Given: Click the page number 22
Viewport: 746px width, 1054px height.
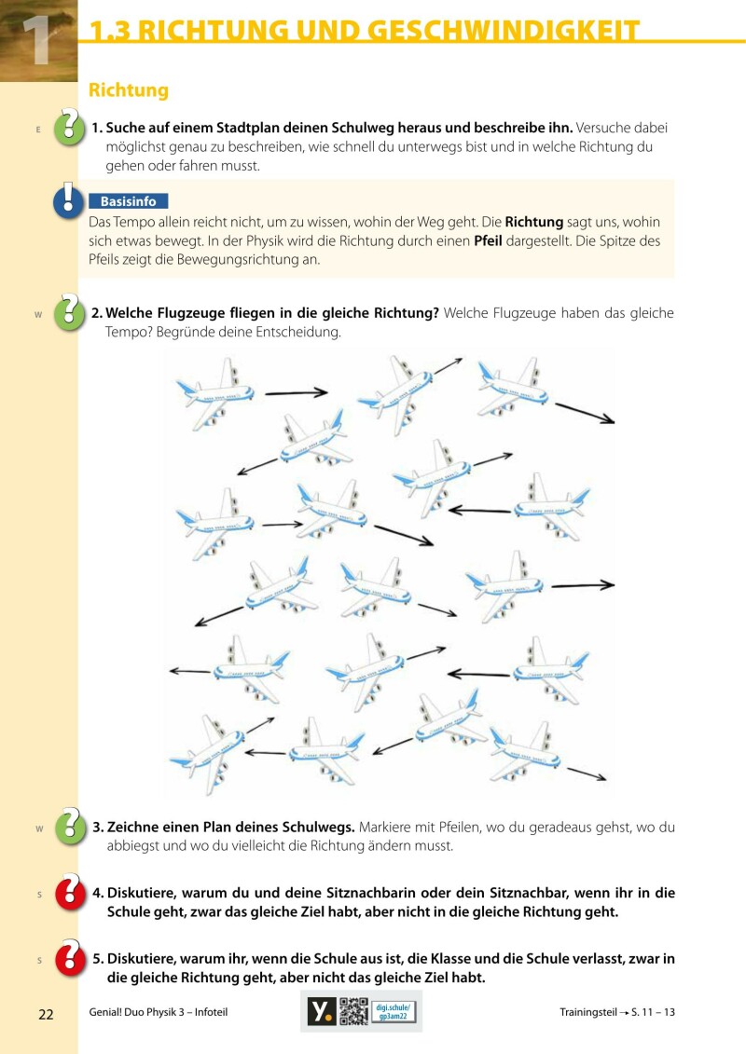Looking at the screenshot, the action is click(x=46, y=1014).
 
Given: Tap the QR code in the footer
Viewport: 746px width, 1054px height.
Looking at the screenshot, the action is click(x=353, y=1011).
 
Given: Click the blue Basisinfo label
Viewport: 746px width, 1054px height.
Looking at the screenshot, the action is click(x=129, y=201).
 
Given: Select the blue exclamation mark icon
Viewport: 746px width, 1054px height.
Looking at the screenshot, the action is click(x=68, y=200).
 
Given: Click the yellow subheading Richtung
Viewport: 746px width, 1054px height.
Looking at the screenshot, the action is click(x=129, y=90).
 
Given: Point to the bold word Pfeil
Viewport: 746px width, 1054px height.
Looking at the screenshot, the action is click(x=488, y=240).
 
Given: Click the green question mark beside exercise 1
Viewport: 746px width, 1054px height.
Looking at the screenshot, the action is click(x=69, y=126).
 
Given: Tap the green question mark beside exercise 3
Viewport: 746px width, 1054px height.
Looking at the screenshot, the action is click(x=69, y=826).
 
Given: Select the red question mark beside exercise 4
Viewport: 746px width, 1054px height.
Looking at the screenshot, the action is click(x=70, y=892).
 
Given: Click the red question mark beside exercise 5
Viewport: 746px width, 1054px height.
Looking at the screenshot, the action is click(x=70, y=957).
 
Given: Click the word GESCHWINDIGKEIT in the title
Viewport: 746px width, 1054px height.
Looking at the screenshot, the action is click(x=504, y=30).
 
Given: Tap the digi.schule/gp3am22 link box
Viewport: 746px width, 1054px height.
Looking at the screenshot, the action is click(x=394, y=1011).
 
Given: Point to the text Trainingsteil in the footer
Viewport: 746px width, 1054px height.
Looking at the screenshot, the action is click(x=587, y=1012).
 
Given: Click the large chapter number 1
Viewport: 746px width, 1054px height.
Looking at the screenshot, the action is click(x=37, y=40).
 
